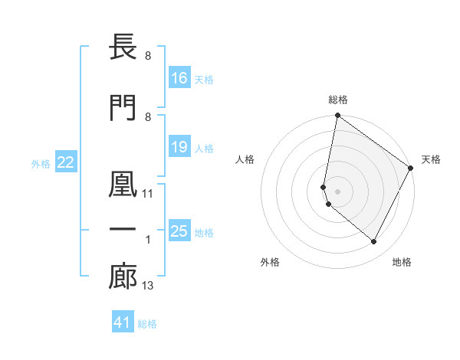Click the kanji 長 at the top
click(x=123, y=47)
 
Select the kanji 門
click(x=123, y=107)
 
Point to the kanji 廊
click(x=123, y=277)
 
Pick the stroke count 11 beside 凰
click(x=148, y=194)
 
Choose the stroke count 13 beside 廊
click(x=148, y=286)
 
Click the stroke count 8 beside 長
click(x=147, y=56)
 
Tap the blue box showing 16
click(x=179, y=77)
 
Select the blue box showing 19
click(x=179, y=147)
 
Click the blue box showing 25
click(x=179, y=231)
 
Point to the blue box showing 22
click(x=66, y=162)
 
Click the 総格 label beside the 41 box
click(x=147, y=324)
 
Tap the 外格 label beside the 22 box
click(x=41, y=163)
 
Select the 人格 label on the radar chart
click(x=245, y=159)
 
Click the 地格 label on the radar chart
click(x=402, y=263)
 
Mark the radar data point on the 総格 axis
click(x=337, y=116)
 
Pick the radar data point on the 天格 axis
click(x=411, y=169)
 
